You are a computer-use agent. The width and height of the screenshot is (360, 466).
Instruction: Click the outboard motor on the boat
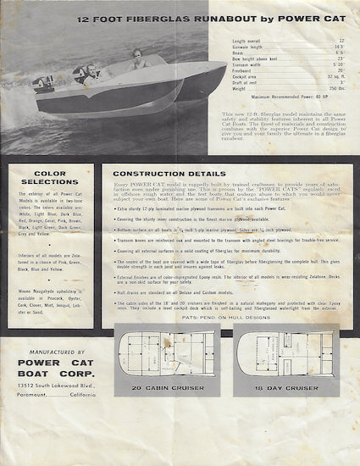[45, 86]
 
